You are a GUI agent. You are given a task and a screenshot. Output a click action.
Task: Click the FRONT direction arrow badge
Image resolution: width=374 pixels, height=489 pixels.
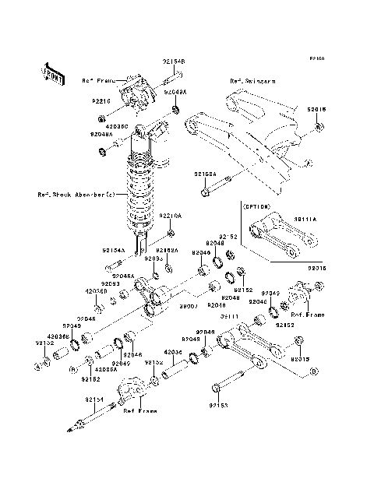click(51, 72)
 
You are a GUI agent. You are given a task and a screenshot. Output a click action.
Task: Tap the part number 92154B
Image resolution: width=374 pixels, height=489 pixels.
click(174, 60)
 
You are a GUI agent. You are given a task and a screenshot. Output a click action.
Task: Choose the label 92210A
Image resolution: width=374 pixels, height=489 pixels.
click(170, 216)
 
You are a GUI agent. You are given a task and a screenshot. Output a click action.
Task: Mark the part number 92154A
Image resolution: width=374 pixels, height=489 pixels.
click(113, 251)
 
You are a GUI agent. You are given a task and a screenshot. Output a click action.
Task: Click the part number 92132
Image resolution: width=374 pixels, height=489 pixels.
click(44, 342)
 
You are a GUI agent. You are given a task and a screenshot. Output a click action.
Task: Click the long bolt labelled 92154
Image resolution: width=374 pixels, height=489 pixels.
click(97, 413)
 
